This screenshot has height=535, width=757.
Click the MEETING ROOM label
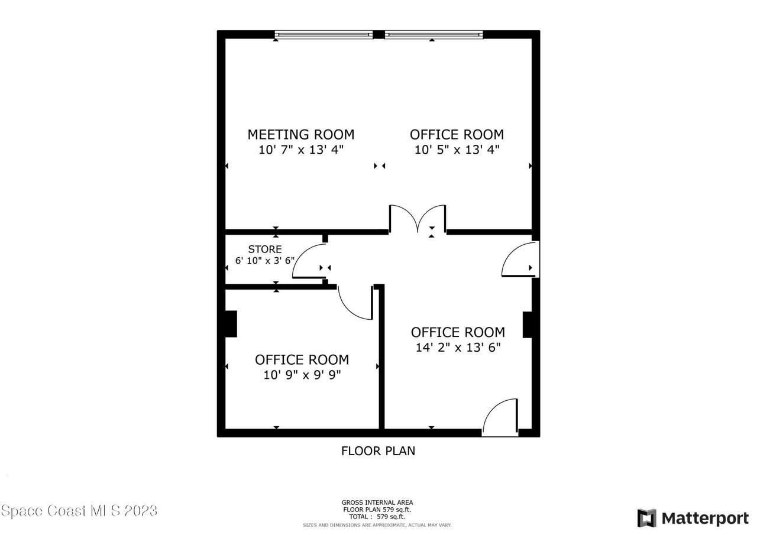(301, 134)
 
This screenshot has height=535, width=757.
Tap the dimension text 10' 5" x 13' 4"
(457, 150)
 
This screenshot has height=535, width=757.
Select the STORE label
(265, 249)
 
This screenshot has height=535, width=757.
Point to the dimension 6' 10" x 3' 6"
(265, 261)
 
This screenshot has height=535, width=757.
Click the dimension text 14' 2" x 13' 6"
(458, 347)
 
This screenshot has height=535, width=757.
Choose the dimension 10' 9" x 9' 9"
(302, 375)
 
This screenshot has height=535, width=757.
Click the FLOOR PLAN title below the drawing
(378, 451)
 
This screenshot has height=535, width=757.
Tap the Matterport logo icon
(646, 518)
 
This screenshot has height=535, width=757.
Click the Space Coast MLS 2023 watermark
(79, 511)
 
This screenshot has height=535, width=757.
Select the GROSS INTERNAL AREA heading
(377, 502)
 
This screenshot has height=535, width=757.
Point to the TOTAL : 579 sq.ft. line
(377, 517)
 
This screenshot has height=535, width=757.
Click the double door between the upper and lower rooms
(418, 218)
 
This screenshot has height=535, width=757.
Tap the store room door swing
(309, 261)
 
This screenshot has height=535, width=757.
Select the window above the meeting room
(323, 34)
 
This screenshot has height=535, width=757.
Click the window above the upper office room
(434, 34)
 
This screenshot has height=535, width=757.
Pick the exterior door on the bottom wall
(500, 417)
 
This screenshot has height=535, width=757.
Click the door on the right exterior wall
(520, 260)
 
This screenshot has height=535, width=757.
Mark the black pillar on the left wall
(231, 324)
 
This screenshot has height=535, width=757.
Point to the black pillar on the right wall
(528, 325)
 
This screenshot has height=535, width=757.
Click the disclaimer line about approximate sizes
(377, 525)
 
